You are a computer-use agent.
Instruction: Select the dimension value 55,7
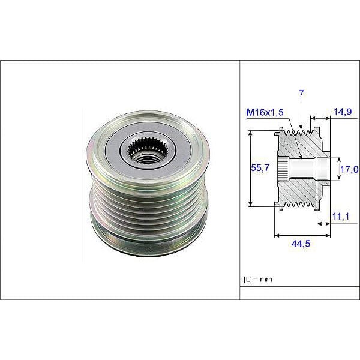click(x=259, y=170)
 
